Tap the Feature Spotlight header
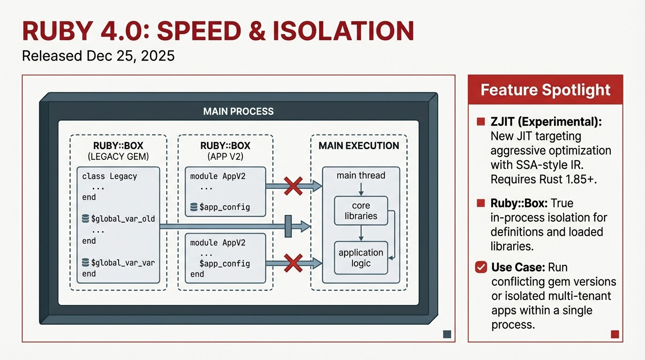click(546, 90)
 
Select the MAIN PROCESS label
click(238, 112)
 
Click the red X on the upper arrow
click(293, 187)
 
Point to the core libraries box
click(361, 211)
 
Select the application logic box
click(361, 258)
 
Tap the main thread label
click(361, 176)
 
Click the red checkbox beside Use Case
click(481, 267)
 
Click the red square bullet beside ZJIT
click(480, 122)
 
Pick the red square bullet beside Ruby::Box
click(480, 203)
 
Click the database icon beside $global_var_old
click(85, 219)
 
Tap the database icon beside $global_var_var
click(85, 262)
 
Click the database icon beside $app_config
click(194, 207)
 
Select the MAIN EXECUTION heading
click(359, 146)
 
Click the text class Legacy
click(109, 176)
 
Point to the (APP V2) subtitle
click(225, 156)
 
